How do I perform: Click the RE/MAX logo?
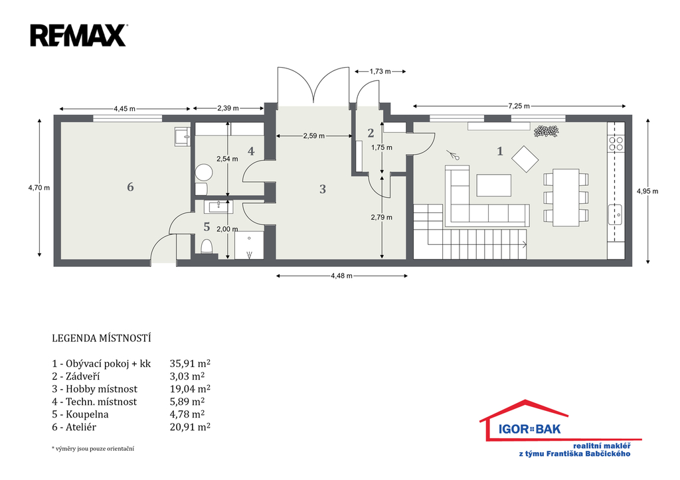(x=78, y=36)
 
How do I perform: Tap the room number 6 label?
(x=130, y=187)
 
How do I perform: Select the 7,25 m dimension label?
(x=519, y=106)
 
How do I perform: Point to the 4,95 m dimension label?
(x=647, y=191)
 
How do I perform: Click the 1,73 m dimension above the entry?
(x=381, y=71)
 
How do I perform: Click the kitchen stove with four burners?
(x=616, y=143)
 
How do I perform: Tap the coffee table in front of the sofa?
(x=493, y=185)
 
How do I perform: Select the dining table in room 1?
(x=566, y=198)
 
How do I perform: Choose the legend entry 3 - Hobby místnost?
(x=94, y=389)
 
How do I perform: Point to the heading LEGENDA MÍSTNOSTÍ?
(x=102, y=338)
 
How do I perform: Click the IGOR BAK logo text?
(x=529, y=430)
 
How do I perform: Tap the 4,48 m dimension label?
(x=342, y=276)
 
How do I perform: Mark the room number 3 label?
(x=322, y=189)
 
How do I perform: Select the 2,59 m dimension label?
(x=314, y=135)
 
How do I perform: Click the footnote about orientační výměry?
(x=93, y=449)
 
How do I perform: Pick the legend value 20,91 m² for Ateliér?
(x=190, y=427)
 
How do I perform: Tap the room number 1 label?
(x=500, y=151)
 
